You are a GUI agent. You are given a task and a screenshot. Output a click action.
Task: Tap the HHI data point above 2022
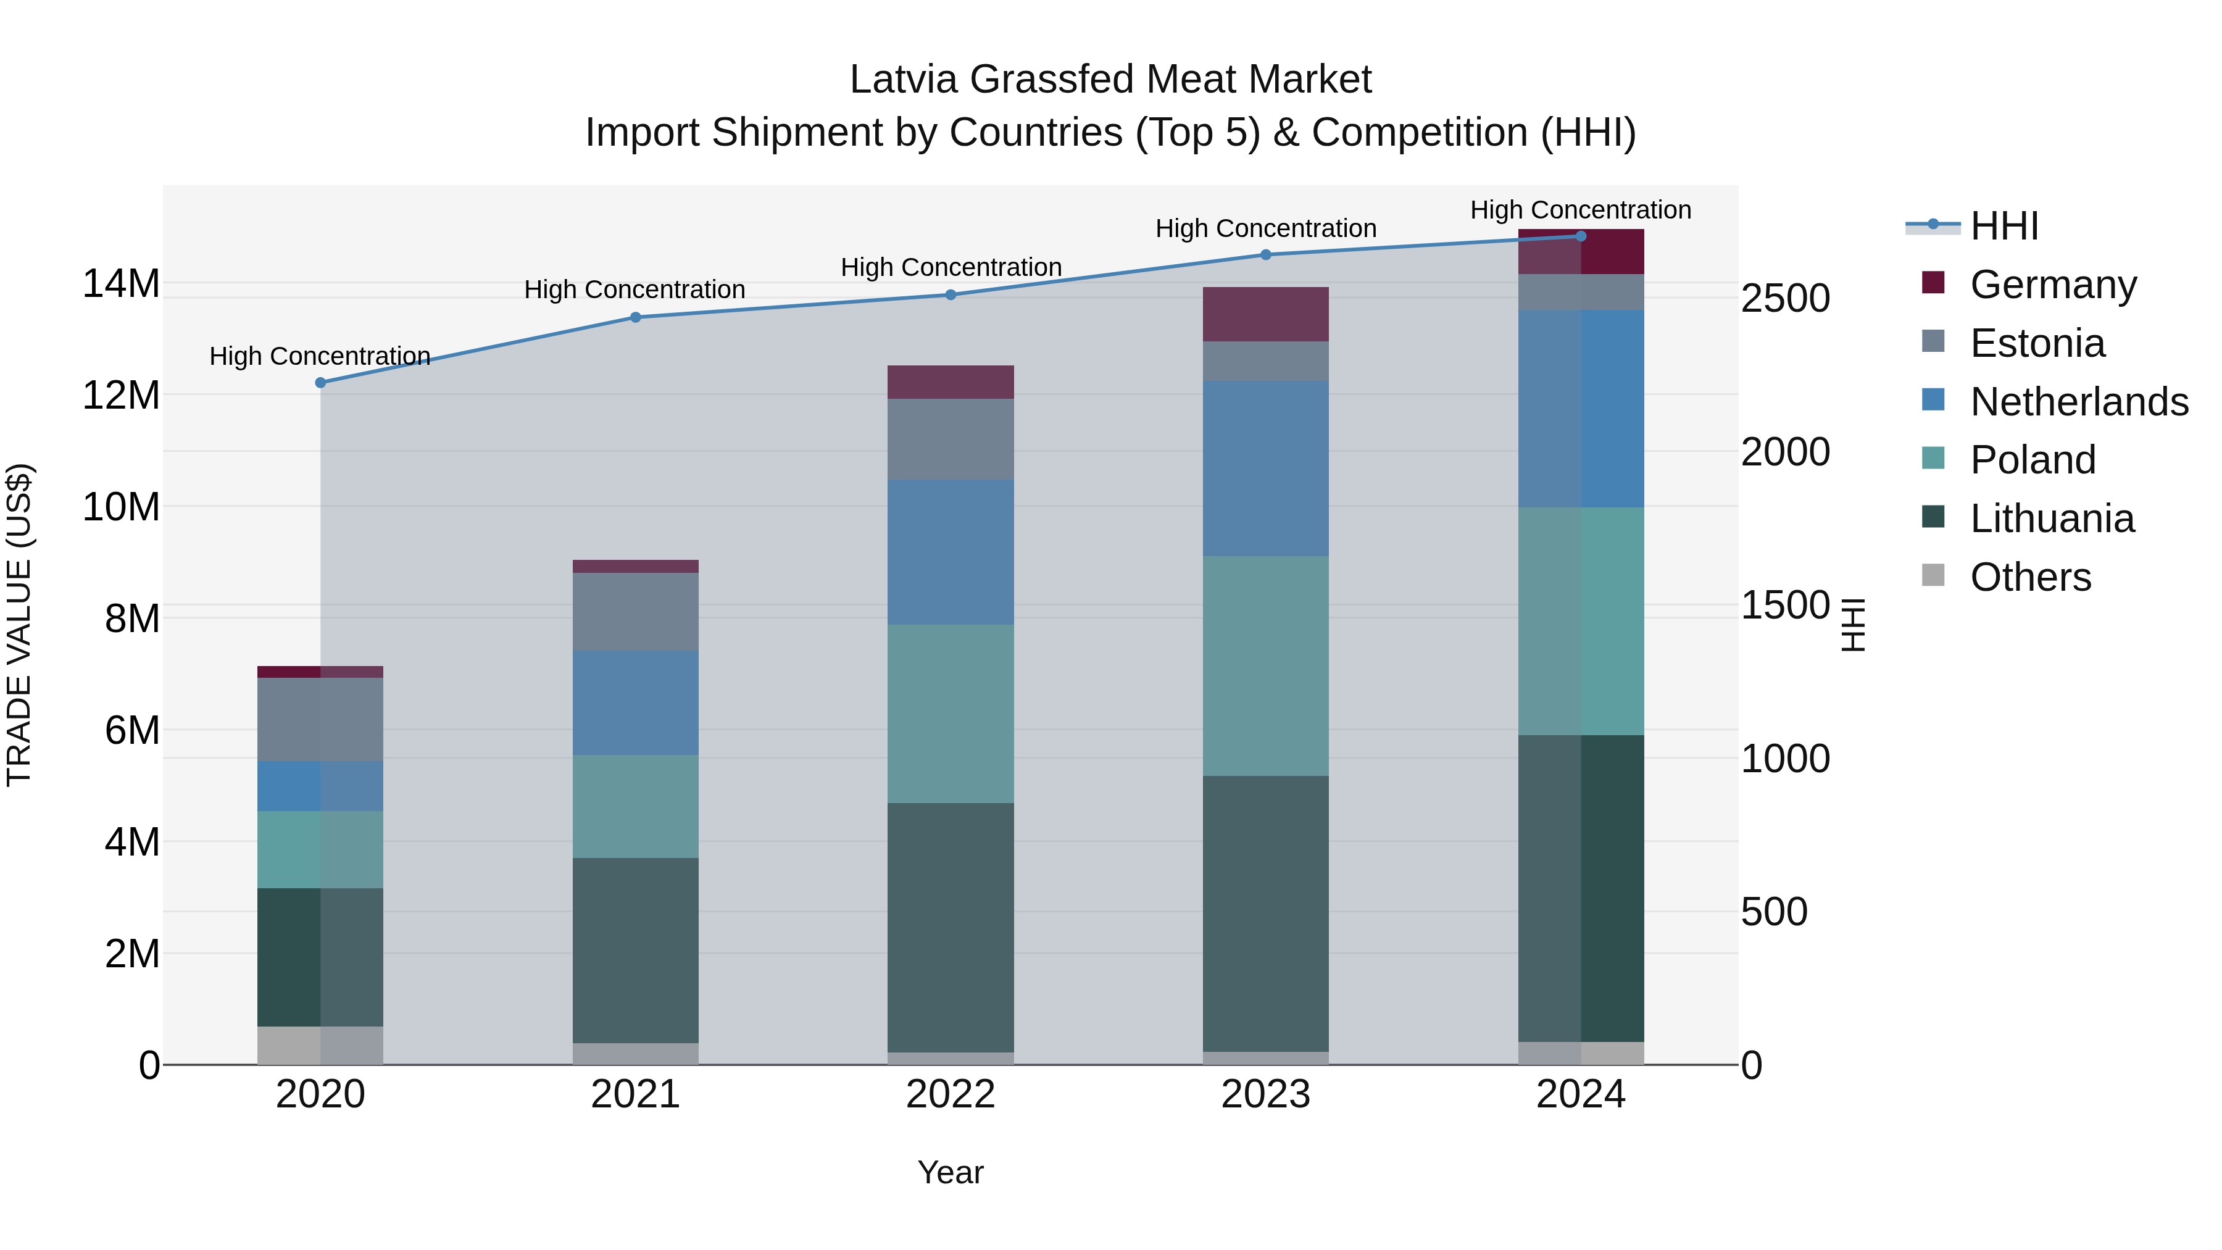click(951, 294)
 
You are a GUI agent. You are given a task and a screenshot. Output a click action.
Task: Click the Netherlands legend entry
click(2078, 402)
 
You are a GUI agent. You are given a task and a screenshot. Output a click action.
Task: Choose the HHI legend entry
click(2004, 226)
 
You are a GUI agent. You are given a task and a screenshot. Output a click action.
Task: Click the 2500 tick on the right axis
click(1784, 299)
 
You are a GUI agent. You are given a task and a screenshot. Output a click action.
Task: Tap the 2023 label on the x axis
click(1265, 1094)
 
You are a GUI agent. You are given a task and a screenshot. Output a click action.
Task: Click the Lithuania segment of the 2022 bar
click(951, 927)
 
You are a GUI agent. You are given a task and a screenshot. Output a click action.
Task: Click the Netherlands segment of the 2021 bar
click(636, 702)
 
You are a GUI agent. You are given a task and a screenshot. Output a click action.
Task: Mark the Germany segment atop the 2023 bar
click(1265, 314)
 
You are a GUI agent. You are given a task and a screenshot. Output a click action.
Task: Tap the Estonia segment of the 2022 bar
click(951, 439)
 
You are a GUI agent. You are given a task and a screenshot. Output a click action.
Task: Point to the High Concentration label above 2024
click(1580, 210)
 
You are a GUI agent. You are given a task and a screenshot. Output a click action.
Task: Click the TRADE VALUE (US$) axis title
click(19, 625)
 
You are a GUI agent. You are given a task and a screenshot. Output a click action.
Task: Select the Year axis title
click(951, 1172)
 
